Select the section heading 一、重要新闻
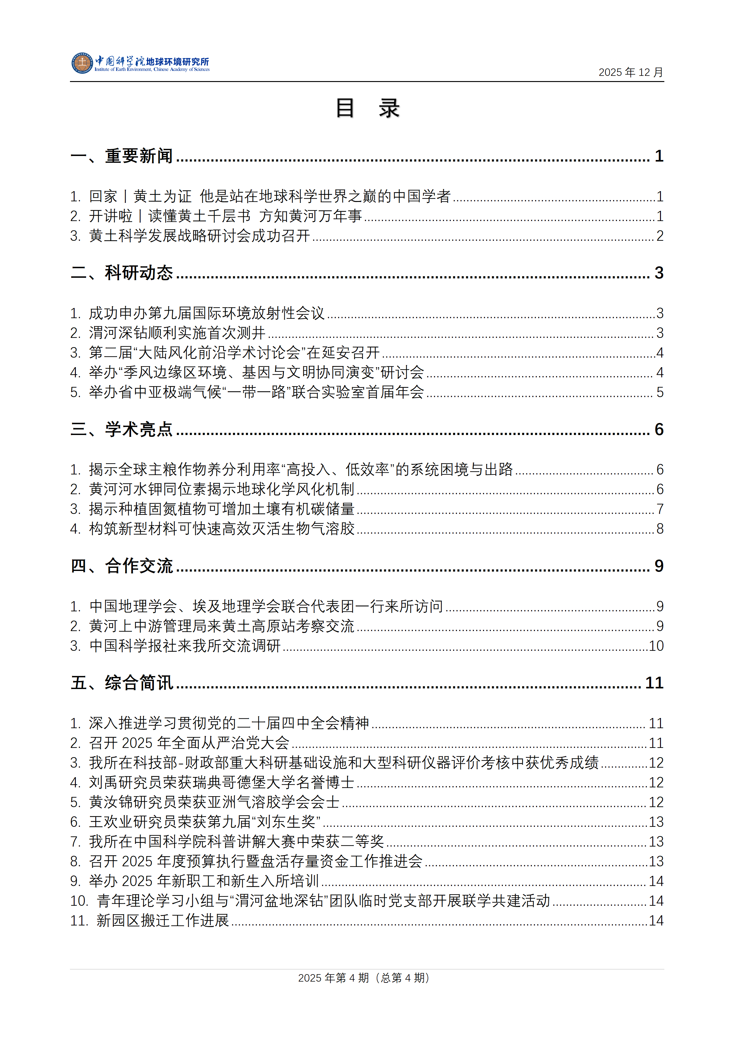pyautogui.click(x=121, y=156)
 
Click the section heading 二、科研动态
pyautogui.click(x=121, y=273)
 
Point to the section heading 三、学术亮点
pyautogui.click(x=121, y=429)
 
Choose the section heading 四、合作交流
pyautogui.click(x=121, y=566)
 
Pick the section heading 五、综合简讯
pyautogui.click(x=121, y=683)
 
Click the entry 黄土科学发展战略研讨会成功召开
pyautogui.click(x=199, y=236)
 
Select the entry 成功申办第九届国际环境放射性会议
pyautogui.click(x=207, y=313)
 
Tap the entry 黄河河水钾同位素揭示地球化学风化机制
pyautogui.click(x=221, y=489)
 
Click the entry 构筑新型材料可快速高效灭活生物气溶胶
pyautogui.click(x=221, y=528)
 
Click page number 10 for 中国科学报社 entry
pyautogui.click(x=656, y=646)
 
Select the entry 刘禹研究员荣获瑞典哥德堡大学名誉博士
pyautogui.click(x=221, y=782)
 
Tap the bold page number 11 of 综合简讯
pyautogui.click(x=654, y=683)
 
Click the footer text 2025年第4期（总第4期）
pyautogui.click(x=364, y=978)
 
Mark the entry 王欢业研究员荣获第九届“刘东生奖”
pyautogui.click(x=205, y=822)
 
